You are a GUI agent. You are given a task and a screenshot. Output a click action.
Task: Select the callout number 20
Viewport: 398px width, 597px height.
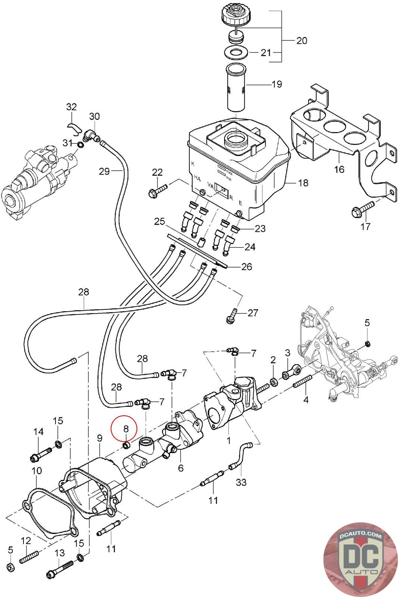[302, 41]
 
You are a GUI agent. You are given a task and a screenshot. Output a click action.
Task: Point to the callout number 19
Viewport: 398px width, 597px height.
[277, 84]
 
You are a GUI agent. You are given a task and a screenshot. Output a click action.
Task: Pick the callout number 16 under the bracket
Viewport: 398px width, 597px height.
[339, 169]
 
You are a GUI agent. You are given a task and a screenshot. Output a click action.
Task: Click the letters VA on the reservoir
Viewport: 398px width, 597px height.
[210, 185]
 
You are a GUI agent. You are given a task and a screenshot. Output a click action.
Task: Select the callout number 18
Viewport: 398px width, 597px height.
[303, 183]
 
